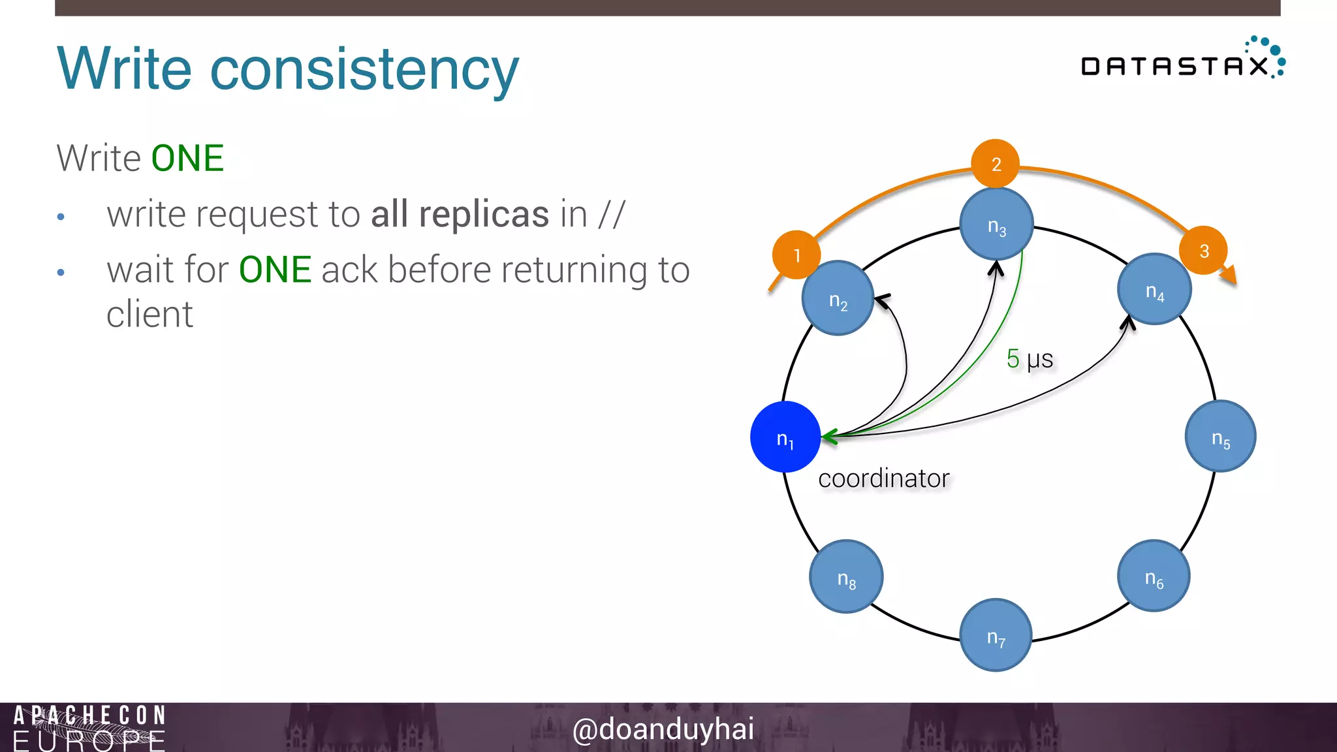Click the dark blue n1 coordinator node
tap(785, 437)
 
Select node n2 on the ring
tap(838, 298)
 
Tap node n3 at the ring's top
tap(996, 224)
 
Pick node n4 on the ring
tap(1154, 289)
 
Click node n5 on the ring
tap(1220, 436)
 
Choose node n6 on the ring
tap(1154, 576)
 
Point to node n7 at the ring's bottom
tap(996, 634)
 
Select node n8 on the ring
tap(846, 576)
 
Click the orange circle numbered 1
tap(796, 255)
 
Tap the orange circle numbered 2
tap(996, 163)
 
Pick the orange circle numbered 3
tap(1203, 251)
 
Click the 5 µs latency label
tap(1030, 358)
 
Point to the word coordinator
tap(883, 478)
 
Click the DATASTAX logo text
tap(1174, 66)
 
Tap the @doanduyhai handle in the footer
tap(663, 728)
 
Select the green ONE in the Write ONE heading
tap(187, 159)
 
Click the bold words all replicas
tap(460, 214)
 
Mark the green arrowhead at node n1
tap(830, 437)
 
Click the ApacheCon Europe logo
tap(89, 727)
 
